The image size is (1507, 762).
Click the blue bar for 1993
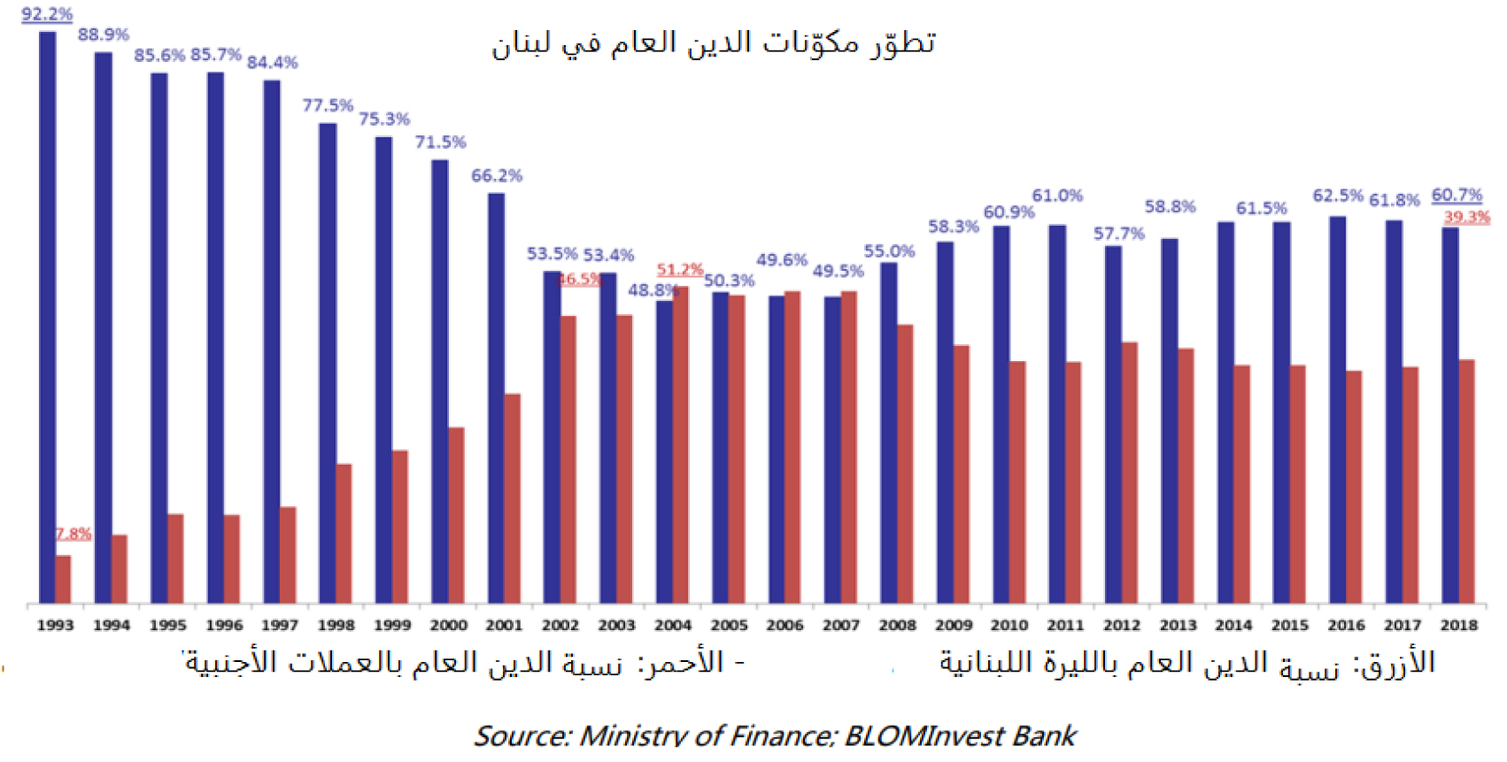[x=47, y=319]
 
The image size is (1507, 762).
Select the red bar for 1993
[x=63, y=580]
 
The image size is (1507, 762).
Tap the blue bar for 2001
[x=496, y=398]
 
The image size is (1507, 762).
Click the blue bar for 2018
[x=1449, y=416]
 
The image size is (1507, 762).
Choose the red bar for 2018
[x=1466, y=482]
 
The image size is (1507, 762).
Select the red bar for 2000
[x=456, y=516]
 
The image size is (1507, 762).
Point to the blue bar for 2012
[x=1113, y=425]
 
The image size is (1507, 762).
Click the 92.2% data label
[x=47, y=14]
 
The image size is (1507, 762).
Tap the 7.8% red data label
[x=73, y=534]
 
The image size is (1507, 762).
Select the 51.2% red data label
[x=679, y=269]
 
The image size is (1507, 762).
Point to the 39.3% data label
[x=1467, y=217]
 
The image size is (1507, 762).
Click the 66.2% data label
[x=497, y=175]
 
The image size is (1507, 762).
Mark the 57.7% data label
[x=1118, y=233]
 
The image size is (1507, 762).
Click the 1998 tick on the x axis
[x=336, y=625]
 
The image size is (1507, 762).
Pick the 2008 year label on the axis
[x=897, y=625]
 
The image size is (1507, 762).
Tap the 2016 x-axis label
[x=1346, y=625]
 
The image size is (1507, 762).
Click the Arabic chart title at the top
[x=714, y=42]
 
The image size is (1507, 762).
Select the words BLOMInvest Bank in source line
[x=960, y=735]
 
